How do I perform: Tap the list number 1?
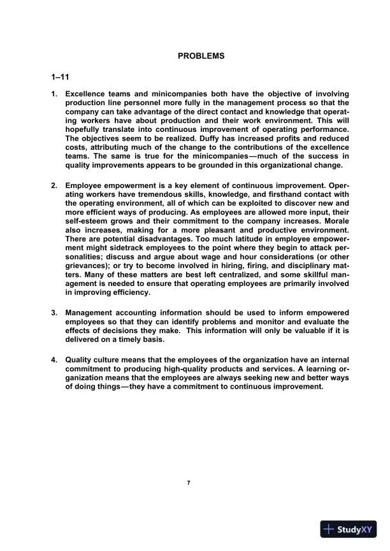54,94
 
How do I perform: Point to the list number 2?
54,185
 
